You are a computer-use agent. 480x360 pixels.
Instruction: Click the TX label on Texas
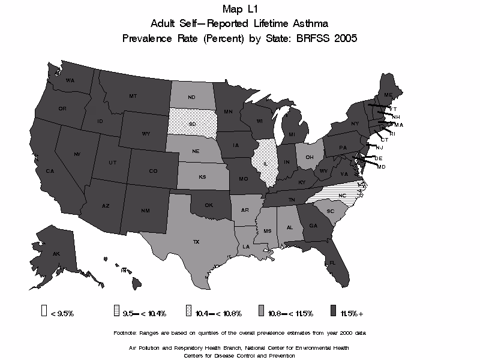[196, 242]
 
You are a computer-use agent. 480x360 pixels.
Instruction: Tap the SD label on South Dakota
[192, 124]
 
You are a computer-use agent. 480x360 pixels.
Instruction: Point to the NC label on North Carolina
[342, 196]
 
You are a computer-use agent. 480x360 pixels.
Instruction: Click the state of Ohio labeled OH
[310, 157]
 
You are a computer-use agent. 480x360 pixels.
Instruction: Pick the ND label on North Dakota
[192, 98]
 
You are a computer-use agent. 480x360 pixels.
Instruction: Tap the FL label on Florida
[331, 262]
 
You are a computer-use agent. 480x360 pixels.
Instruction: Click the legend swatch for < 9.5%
[44, 311]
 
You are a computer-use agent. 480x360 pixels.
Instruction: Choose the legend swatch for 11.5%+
[332, 311]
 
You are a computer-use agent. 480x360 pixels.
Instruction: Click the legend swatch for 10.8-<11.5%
[262, 311]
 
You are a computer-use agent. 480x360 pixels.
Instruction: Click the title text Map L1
[239, 8]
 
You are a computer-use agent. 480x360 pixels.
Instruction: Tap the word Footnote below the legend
[125, 332]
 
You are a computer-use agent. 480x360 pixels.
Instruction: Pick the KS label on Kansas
[203, 179]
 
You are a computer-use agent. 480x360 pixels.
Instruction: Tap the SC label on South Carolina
[330, 212]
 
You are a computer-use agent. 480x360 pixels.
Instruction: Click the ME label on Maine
[388, 95]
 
